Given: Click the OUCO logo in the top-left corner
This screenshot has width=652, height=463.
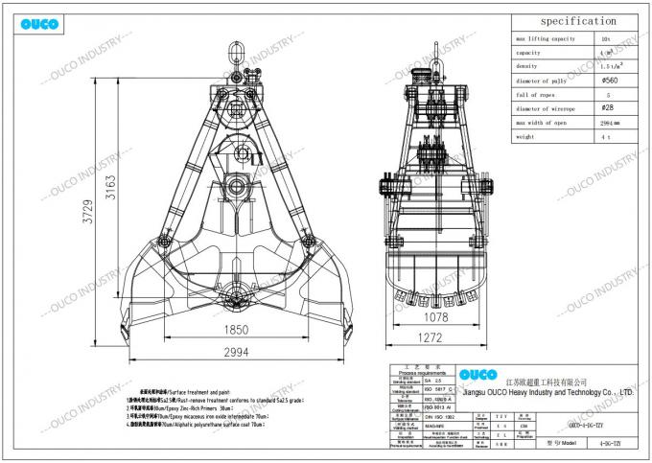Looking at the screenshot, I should point(41,22).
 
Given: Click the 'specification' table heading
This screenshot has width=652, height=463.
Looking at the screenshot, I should point(577,21).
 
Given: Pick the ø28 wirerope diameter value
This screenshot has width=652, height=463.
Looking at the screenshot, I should point(606,108).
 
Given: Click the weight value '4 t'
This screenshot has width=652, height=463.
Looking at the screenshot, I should point(606,137).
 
